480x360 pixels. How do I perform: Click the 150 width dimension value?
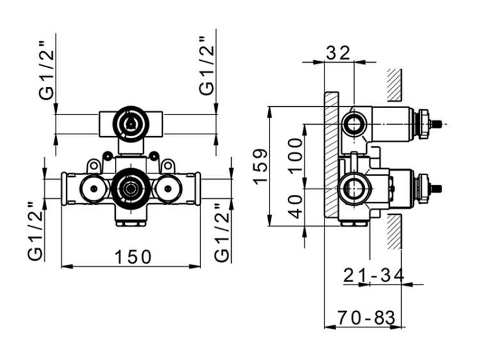point(133,256)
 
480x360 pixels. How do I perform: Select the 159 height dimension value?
point(261,167)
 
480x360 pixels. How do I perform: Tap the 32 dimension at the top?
point(338,53)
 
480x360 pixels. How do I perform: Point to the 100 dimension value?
point(296,155)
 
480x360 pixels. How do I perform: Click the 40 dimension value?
point(296,207)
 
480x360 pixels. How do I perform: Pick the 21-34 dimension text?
point(374,275)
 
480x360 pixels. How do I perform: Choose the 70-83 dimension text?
point(367,318)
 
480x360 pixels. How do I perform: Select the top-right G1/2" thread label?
point(206,65)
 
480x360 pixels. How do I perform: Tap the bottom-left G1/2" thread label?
point(35,231)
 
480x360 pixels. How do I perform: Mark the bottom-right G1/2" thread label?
point(221,233)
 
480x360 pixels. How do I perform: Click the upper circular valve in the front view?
point(131,124)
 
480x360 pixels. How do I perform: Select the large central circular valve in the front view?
point(131,189)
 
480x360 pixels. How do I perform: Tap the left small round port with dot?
point(93,189)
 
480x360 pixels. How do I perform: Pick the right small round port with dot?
point(168,189)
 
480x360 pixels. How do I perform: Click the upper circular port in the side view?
point(354,124)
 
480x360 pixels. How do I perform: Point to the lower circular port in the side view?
point(354,189)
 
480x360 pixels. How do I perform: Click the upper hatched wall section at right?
point(394,85)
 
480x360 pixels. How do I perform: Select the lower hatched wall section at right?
point(394,231)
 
